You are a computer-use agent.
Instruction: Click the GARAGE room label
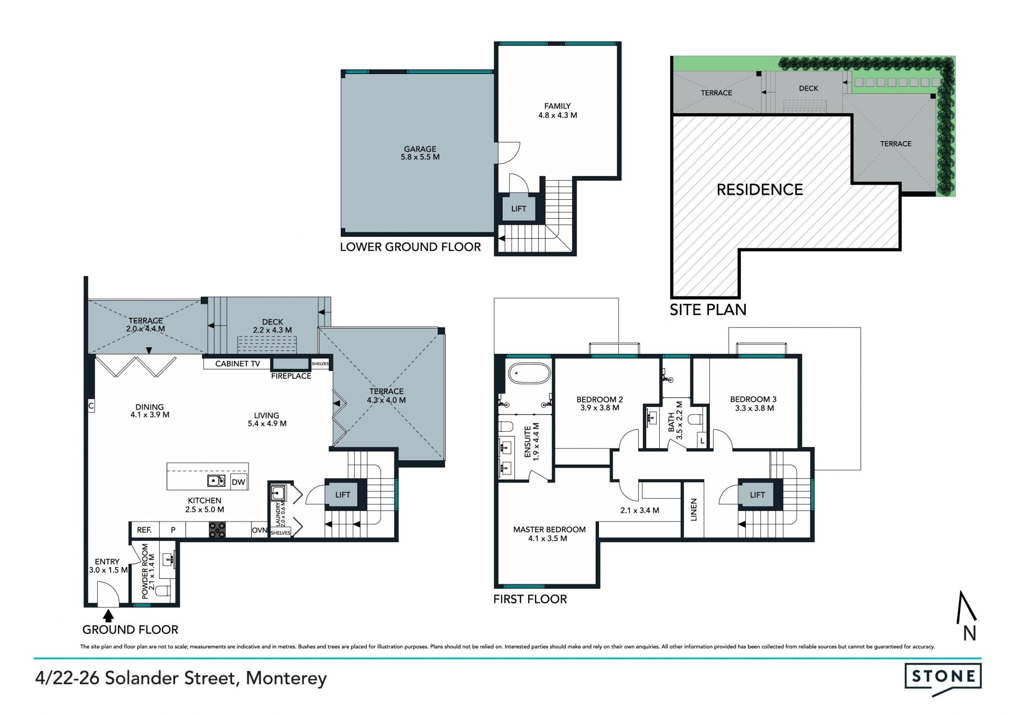[x=420, y=149]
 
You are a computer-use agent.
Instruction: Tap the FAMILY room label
[x=557, y=106]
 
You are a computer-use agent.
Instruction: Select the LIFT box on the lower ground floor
[x=519, y=209]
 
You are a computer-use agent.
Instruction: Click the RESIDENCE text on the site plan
[x=760, y=190]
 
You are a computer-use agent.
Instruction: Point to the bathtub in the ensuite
[x=529, y=374]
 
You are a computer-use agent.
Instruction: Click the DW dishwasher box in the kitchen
[x=238, y=482]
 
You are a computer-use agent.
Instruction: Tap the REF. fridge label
[x=144, y=530]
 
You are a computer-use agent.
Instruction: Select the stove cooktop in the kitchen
[x=217, y=530]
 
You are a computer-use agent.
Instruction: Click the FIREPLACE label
[x=291, y=376]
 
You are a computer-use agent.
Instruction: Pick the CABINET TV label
[x=237, y=364]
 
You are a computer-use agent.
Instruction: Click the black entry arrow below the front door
[x=108, y=616]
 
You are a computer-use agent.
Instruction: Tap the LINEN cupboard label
[x=694, y=510]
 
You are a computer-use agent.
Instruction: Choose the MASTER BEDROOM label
[x=549, y=529]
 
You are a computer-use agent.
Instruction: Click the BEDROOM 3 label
[x=753, y=399]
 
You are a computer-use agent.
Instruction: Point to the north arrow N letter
[x=970, y=633]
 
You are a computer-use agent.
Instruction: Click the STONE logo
[x=943, y=678]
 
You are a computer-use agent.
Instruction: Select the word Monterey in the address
[x=287, y=678]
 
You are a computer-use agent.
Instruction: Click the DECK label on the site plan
[x=808, y=89]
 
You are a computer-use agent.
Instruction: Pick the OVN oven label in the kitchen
[x=260, y=530]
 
